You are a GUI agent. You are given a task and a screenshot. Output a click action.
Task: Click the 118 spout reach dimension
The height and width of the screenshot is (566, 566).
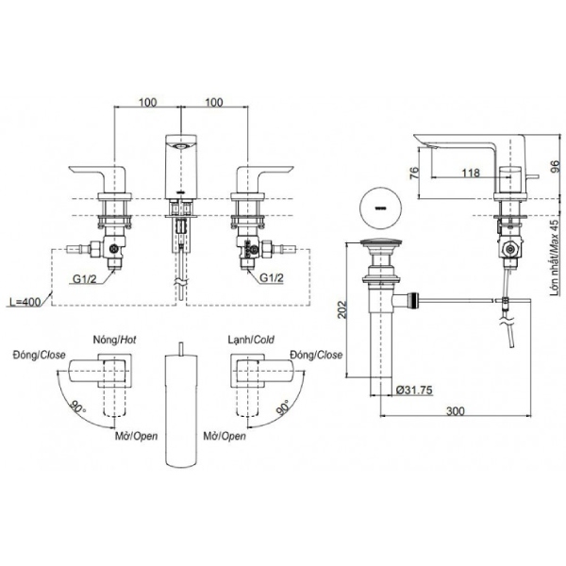[471, 173]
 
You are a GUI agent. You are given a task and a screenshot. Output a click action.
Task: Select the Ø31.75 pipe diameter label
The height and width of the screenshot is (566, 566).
[414, 390]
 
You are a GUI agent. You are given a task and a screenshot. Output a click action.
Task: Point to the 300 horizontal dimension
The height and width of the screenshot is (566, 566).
[456, 411]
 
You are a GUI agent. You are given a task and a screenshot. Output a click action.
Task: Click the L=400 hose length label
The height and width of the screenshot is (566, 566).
[25, 301]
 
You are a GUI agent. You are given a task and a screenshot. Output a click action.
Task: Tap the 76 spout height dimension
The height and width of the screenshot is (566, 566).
[414, 173]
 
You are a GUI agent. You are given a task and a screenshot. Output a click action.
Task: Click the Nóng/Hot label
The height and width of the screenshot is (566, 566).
[115, 340]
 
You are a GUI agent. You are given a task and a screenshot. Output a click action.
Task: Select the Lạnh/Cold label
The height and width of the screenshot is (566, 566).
[251, 340]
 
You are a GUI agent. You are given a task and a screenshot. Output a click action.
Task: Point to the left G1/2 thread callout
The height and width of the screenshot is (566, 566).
[85, 278]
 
